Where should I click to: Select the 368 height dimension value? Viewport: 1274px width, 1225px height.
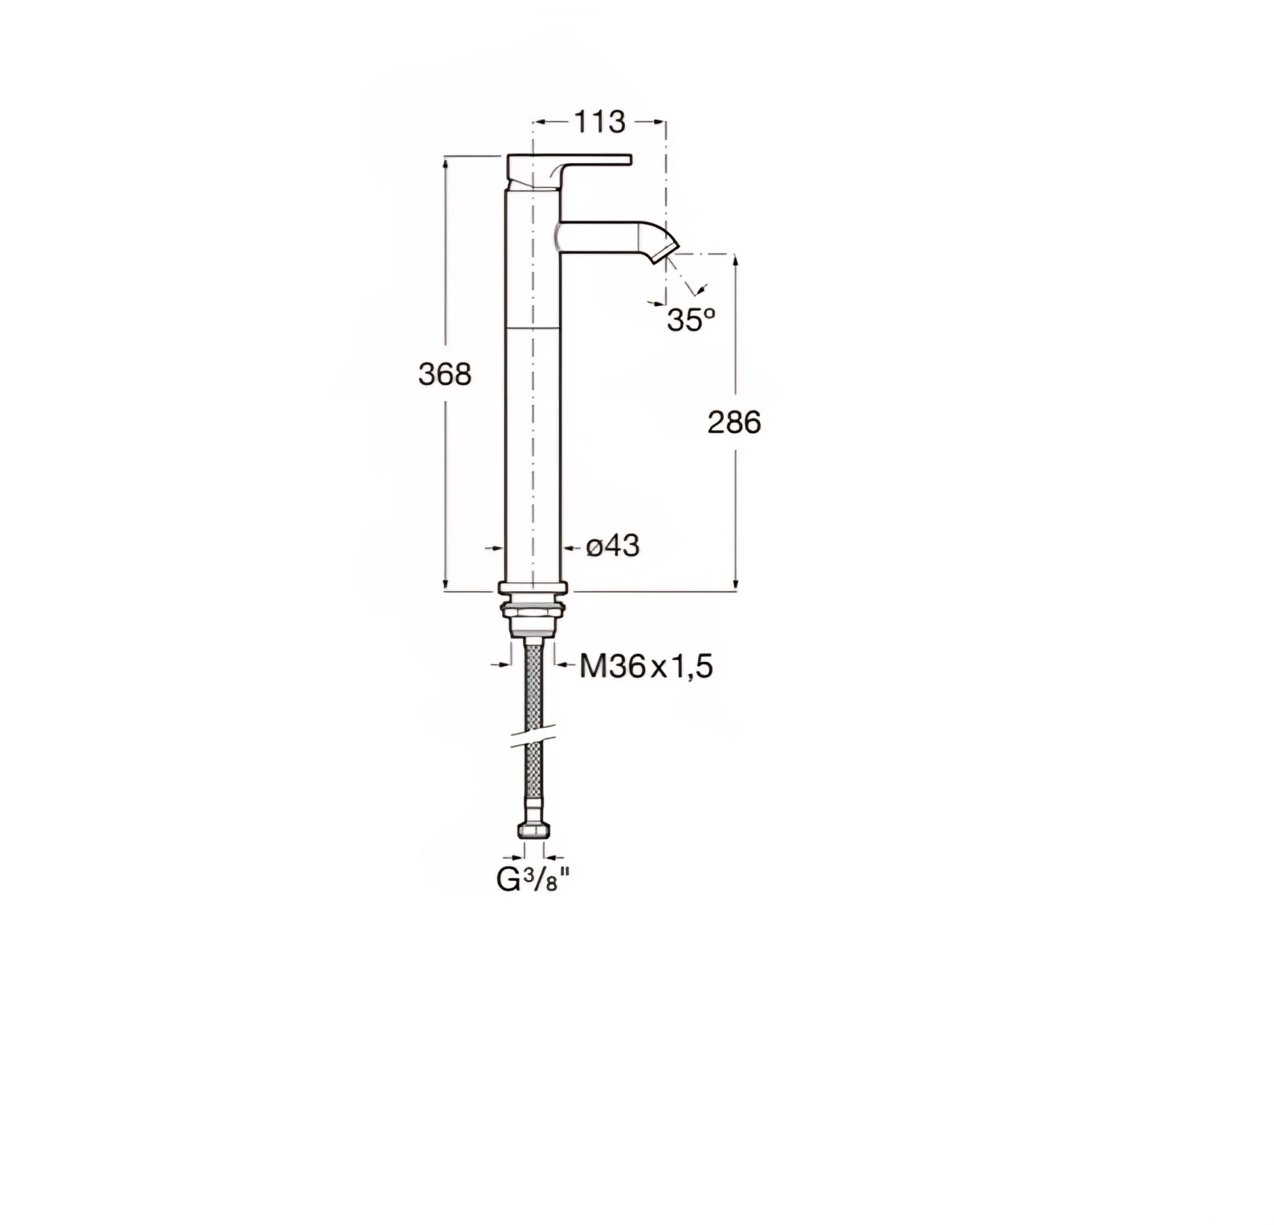pos(445,374)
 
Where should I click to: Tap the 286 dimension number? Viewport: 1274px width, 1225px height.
pos(734,423)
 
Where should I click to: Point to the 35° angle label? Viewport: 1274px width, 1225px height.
pos(690,320)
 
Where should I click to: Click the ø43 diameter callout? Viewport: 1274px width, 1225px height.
pos(612,546)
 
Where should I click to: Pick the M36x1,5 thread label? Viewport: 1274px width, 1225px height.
pos(645,667)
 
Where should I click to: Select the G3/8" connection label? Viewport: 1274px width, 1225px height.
pos(534,881)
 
